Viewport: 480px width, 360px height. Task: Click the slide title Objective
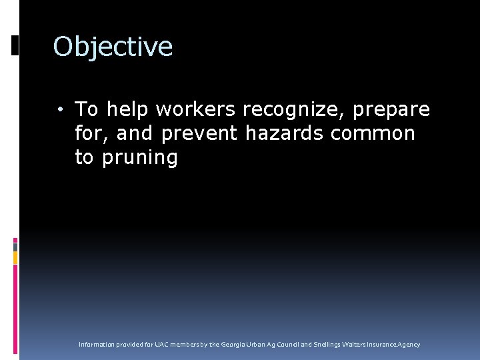113,47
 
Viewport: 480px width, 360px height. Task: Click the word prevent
199,133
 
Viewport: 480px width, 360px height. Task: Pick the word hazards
285,133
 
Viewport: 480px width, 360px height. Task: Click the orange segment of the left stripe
15,257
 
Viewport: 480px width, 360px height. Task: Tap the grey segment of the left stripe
15,246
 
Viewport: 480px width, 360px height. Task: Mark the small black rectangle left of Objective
15,45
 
